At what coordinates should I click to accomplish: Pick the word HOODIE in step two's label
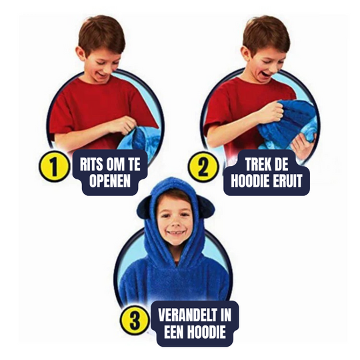(248, 180)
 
